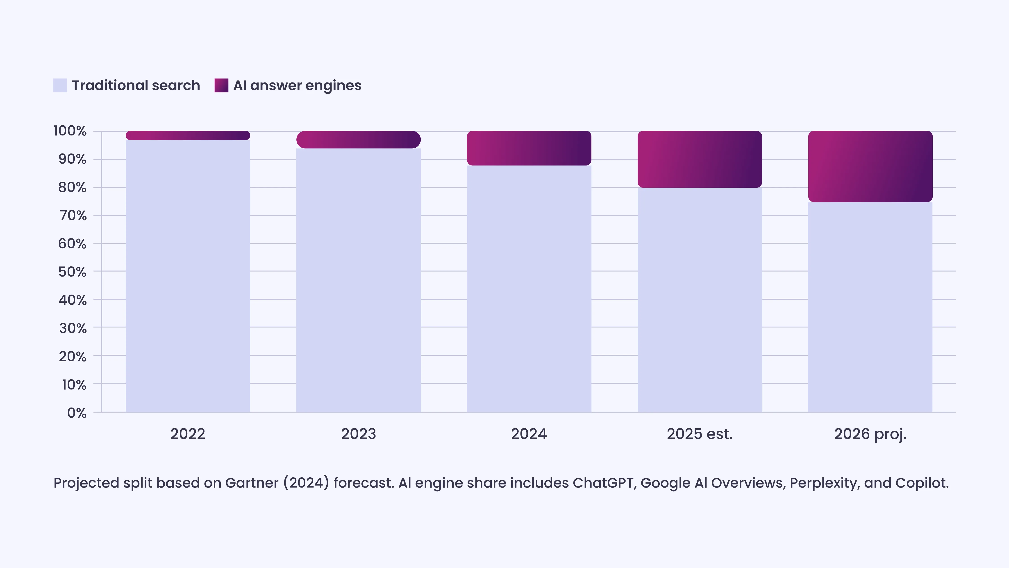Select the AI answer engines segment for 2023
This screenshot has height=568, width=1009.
tap(358, 140)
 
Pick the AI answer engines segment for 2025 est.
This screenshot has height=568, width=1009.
tap(700, 159)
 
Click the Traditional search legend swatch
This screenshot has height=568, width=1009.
tap(60, 85)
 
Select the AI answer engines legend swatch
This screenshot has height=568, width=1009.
tap(221, 85)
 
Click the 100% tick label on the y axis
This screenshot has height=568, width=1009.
tap(70, 131)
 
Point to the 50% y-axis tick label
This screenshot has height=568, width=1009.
tap(73, 272)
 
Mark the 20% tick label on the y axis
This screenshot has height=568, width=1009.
tap(73, 356)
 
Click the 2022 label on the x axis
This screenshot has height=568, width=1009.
tap(188, 434)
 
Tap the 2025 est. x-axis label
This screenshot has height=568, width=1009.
tap(700, 434)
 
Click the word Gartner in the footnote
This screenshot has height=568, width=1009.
tap(252, 483)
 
